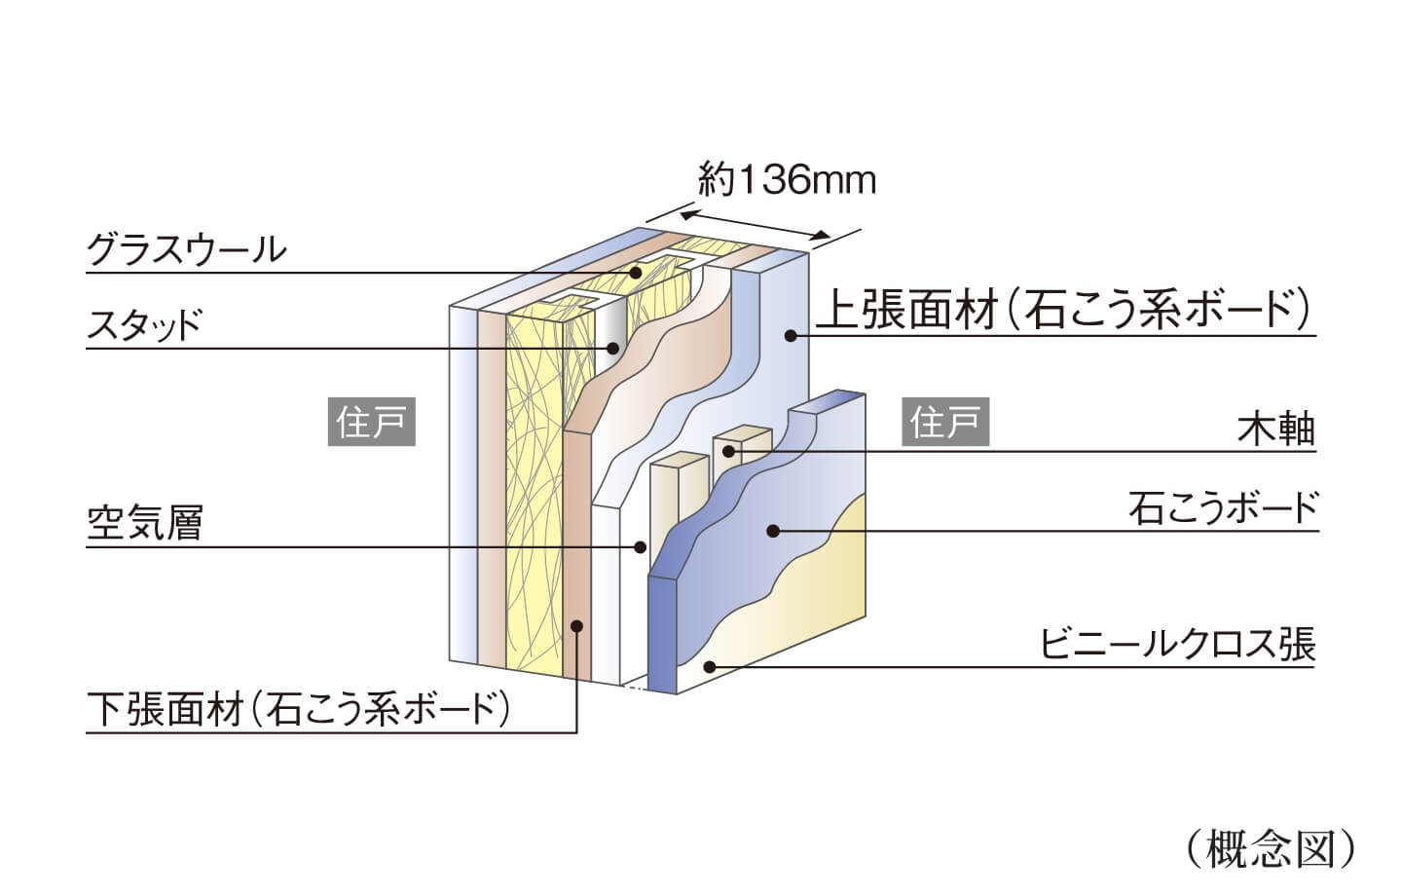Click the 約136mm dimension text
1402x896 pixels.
point(787,180)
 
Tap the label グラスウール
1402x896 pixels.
point(187,250)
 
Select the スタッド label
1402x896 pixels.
point(143,324)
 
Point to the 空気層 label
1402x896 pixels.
point(144,525)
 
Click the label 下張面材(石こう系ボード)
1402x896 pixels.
point(299,708)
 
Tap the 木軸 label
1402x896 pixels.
point(1276,429)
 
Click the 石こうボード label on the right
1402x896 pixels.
point(1223,507)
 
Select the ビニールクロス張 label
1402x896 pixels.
point(1178,645)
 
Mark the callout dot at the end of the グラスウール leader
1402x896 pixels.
point(635,273)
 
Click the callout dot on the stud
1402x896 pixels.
point(614,348)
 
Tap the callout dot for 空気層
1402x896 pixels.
point(640,547)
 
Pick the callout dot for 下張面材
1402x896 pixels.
point(577,626)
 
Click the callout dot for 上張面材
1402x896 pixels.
point(791,336)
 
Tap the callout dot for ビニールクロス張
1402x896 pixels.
point(711,667)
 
